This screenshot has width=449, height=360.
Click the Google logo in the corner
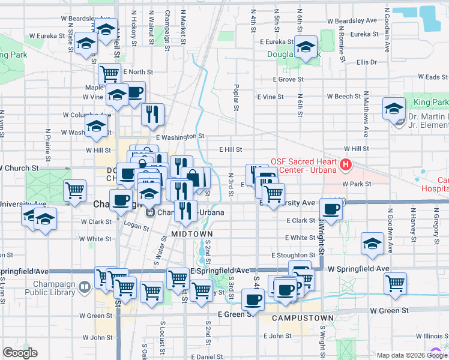[20, 353]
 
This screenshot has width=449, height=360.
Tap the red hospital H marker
[346, 164]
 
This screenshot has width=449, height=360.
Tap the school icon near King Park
[394, 108]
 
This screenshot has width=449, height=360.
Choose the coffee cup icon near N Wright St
[331, 208]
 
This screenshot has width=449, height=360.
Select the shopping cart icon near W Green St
[395, 283]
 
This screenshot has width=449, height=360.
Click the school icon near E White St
[372, 243]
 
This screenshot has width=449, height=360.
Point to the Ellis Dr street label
[366, 62]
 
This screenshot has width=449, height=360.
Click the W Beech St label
[343, 97]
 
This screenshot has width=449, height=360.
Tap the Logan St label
[136, 226]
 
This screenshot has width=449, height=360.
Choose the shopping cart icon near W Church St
[74, 190]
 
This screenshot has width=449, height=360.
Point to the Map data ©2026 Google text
[403, 355]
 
